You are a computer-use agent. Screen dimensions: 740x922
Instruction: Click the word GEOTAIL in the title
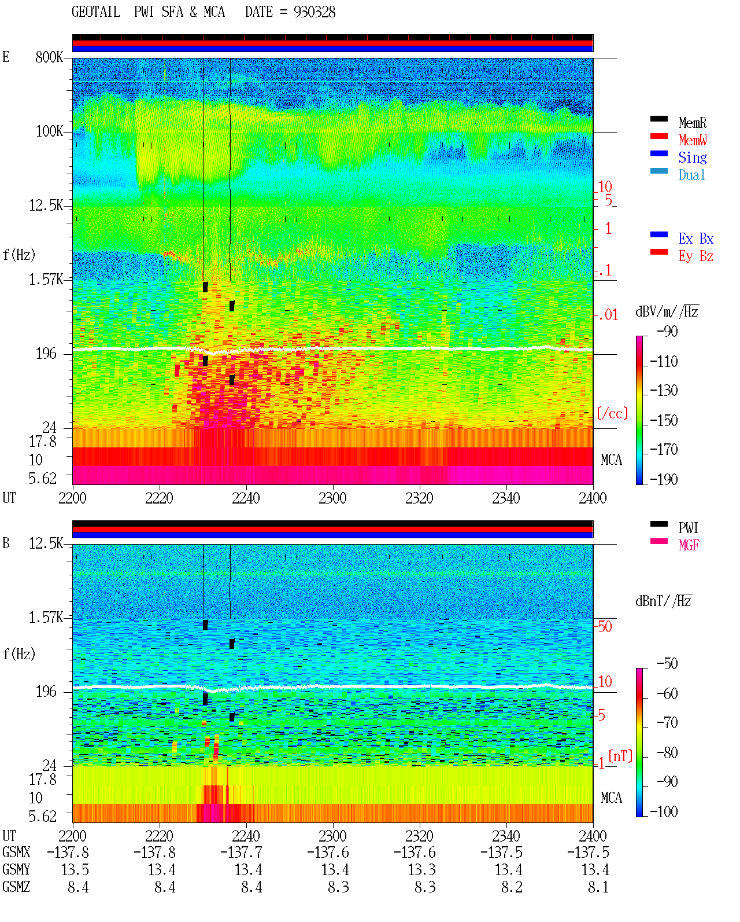(x=96, y=12)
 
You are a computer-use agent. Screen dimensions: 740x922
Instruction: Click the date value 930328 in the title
(x=314, y=12)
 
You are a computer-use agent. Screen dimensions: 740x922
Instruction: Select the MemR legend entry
(x=692, y=123)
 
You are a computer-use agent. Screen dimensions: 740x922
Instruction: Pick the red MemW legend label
(x=693, y=140)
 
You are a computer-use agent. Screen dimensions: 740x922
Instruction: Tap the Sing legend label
(x=692, y=157)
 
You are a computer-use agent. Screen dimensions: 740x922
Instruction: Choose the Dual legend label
(x=691, y=175)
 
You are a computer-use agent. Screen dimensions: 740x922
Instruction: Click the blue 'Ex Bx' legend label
(x=696, y=238)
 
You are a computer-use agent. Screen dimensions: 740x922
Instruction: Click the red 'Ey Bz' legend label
(x=696, y=256)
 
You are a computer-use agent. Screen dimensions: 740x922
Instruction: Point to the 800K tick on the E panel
(x=49, y=57)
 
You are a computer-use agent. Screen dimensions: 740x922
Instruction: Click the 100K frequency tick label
(x=49, y=131)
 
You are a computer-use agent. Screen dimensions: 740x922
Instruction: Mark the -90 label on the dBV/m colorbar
(x=667, y=332)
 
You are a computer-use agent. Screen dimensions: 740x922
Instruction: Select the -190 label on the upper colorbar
(x=664, y=479)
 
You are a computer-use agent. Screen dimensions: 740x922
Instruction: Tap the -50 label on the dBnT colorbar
(x=667, y=664)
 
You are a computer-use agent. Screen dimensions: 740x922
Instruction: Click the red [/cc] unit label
(x=612, y=413)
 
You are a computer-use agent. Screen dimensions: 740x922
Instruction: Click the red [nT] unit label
(x=620, y=755)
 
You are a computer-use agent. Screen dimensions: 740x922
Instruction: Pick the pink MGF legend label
(x=689, y=545)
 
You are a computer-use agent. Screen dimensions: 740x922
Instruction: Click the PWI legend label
(x=688, y=528)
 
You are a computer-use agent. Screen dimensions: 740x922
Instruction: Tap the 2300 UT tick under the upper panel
(x=332, y=498)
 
